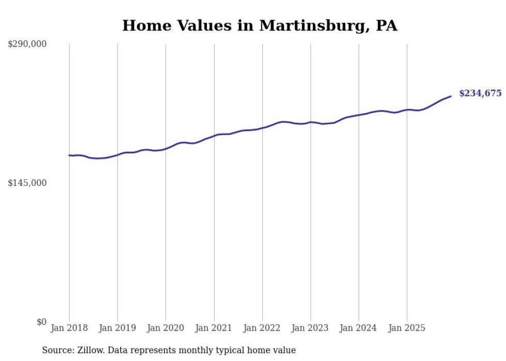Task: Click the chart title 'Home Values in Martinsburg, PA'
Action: coord(260,25)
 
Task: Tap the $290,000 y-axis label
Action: coord(27,44)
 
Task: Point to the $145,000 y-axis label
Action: coord(27,183)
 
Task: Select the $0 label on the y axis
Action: coord(41,322)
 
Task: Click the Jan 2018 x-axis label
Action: coord(69,328)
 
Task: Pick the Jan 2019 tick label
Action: coord(117,328)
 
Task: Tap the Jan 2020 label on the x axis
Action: coord(166,328)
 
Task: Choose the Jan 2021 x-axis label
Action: coord(214,328)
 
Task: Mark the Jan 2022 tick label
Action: coord(262,328)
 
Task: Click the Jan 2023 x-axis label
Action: coord(310,328)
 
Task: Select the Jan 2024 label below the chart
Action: coord(359,328)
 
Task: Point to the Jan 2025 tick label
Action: coord(407,328)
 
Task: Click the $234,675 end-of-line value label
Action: coord(480,93)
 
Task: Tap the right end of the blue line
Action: coord(451,96)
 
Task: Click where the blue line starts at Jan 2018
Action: coord(69,155)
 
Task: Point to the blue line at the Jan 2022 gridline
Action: coord(262,127)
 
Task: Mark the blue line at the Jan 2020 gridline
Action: coord(166,149)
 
